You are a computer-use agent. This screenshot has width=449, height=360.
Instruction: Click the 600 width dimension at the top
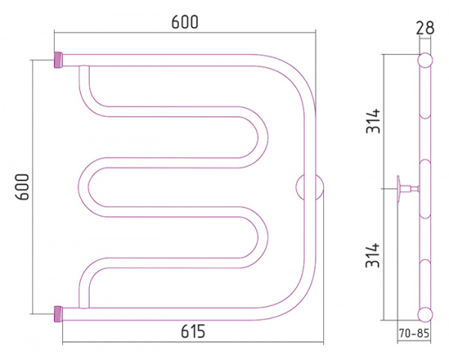pos(185,23)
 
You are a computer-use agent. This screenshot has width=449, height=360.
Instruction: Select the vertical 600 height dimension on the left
pos(22,186)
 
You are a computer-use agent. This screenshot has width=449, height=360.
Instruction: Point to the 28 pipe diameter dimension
pos(426,28)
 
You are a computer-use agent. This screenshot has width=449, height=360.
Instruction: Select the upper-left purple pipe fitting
pos(58,58)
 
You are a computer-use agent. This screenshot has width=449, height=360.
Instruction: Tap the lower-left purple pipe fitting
pos(58,311)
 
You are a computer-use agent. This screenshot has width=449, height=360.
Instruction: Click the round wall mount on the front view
pos(310,187)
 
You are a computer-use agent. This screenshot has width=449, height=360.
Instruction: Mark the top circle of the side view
pos(425,61)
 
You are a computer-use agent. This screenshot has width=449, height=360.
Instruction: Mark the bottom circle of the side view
pos(425,314)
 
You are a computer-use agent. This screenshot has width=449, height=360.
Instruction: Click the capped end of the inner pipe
pos(83,69)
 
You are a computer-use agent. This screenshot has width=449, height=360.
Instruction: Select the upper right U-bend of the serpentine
pos(258,135)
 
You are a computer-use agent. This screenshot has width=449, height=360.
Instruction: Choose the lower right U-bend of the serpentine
pos(258,240)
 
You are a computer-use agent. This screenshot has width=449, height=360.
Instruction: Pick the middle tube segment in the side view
pos(425,187)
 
